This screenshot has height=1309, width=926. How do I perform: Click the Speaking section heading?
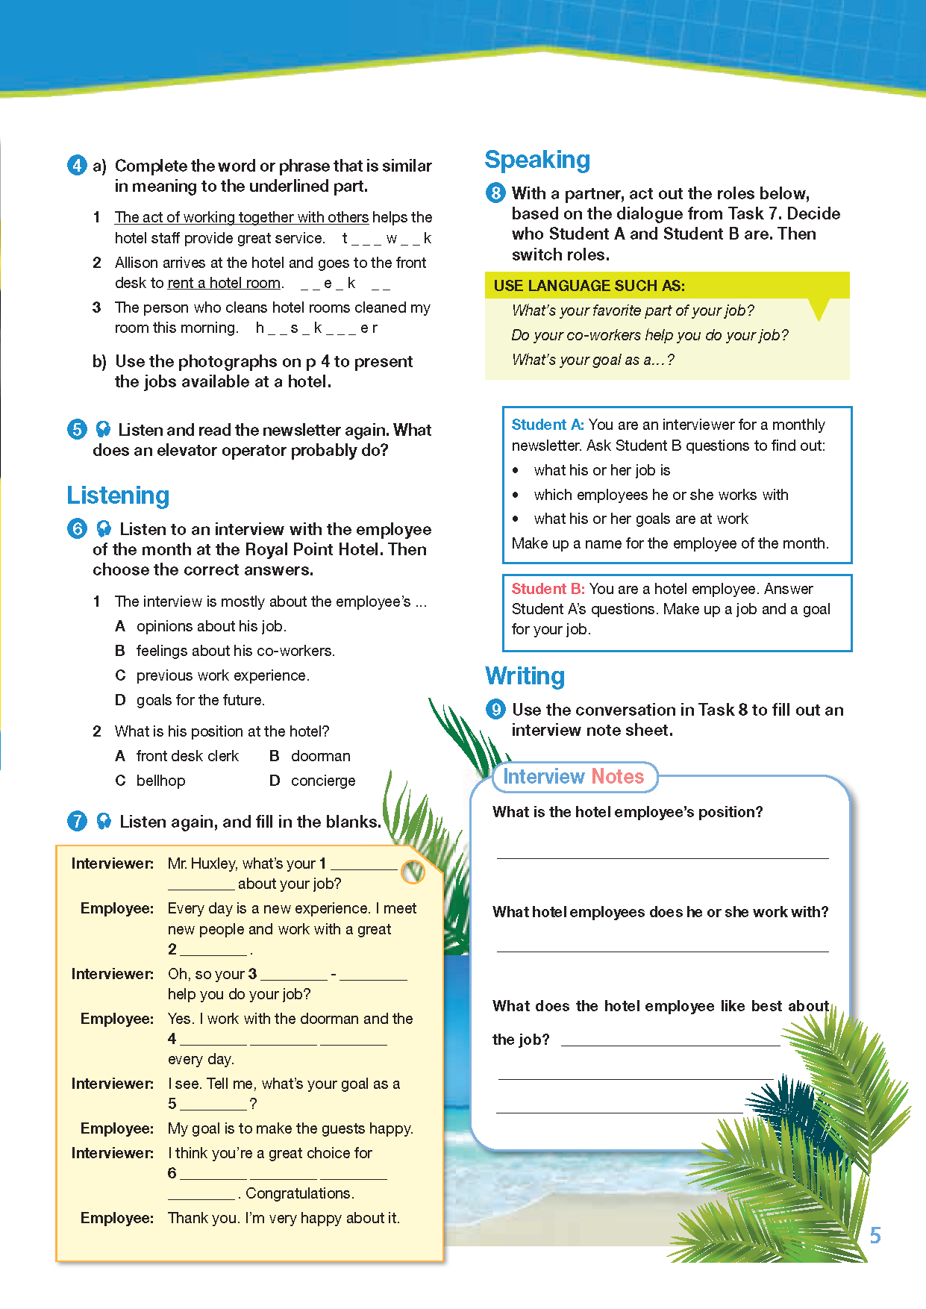537,160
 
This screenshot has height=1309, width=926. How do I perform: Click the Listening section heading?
118,496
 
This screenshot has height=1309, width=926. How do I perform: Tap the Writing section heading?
525,676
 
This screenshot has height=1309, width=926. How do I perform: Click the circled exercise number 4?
77,165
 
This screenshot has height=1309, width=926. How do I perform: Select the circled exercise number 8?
495,193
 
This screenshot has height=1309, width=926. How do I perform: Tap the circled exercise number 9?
495,709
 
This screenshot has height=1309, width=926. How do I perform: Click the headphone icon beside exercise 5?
103,429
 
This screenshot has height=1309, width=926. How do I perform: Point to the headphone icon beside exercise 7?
104,821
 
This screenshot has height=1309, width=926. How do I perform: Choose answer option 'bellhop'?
160,781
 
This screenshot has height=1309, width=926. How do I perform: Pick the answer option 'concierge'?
323,781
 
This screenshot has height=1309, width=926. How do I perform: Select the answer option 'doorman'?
320,756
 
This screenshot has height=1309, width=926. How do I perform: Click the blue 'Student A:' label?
548,425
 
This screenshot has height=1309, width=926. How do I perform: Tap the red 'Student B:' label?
548,589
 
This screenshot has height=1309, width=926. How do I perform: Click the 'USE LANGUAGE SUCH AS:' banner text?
589,286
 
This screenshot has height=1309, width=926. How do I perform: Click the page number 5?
875,1236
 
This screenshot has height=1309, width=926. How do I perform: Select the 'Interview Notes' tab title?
573,777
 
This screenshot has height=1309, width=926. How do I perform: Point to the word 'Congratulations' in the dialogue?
299,1193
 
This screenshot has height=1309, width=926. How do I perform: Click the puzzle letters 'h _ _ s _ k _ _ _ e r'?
316,328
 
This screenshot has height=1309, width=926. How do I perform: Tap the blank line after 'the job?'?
669,1043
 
